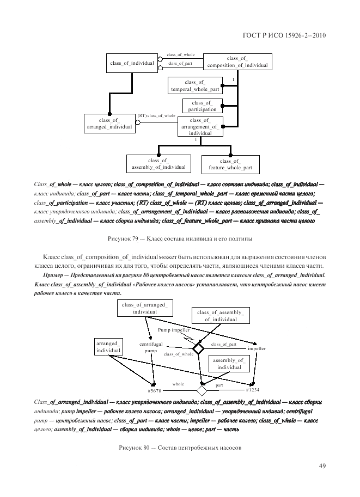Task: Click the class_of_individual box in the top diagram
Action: [x=132, y=64]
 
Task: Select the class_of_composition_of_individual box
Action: [x=237, y=62]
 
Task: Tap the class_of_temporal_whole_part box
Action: [x=194, y=85]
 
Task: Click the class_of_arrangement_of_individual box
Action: [x=200, y=126]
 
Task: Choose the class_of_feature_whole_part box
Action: [x=230, y=164]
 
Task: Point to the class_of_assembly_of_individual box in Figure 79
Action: [x=158, y=163]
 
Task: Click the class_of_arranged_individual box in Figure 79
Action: [x=109, y=123]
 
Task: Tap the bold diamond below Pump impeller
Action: [x=197, y=348]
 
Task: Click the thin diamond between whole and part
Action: [x=202, y=390]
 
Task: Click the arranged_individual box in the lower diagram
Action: [x=109, y=347]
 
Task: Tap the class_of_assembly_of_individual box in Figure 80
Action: [x=221, y=316]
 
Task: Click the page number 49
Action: [x=322, y=465]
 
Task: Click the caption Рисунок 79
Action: [x=180, y=238]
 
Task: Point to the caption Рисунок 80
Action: [x=180, y=447]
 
